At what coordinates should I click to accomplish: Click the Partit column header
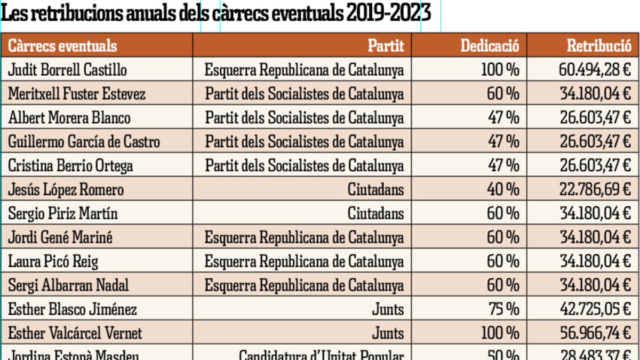(x=386, y=45)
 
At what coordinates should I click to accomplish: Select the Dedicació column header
(x=490, y=45)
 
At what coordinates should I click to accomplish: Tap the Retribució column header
(x=598, y=45)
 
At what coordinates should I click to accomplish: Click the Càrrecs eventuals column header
(x=62, y=45)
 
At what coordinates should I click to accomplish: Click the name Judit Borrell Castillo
(x=68, y=69)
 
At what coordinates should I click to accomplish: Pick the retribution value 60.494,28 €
(x=595, y=69)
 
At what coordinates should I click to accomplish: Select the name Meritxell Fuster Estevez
(x=77, y=94)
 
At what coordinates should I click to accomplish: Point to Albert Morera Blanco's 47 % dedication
(x=503, y=117)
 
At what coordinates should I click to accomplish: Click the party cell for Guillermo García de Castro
(x=304, y=141)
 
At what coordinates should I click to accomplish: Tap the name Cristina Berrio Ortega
(x=70, y=165)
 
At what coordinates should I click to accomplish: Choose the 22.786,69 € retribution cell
(x=595, y=189)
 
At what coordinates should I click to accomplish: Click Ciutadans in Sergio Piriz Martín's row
(x=375, y=213)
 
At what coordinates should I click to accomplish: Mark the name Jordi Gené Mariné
(x=60, y=237)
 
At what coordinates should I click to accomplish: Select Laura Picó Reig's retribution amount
(x=595, y=261)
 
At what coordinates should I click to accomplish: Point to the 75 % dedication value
(x=503, y=309)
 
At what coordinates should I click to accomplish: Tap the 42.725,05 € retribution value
(x=595, y=309)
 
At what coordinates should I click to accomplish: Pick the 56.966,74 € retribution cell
(x=595, y=333)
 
